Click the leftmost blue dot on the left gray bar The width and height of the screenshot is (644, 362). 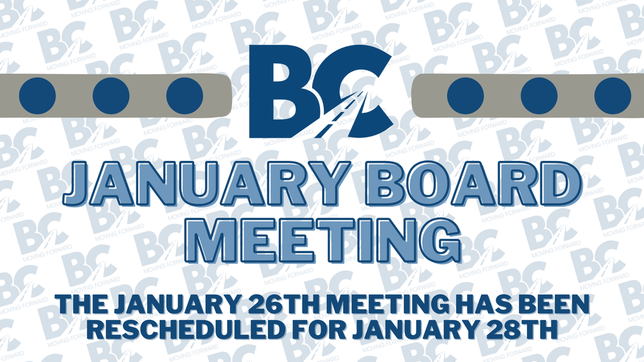[x=37, y=96]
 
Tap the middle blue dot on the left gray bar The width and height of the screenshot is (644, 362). [x=111, y=96]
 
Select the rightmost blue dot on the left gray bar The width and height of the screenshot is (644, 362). [x=184, y=96]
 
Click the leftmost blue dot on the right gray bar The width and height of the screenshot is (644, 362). [x=465, y=96]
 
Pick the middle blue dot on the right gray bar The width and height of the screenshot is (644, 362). [x=539, y=96]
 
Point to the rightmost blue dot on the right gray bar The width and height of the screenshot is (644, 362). [x=612, y=96]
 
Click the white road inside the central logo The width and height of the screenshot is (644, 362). [x=336, y=119]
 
